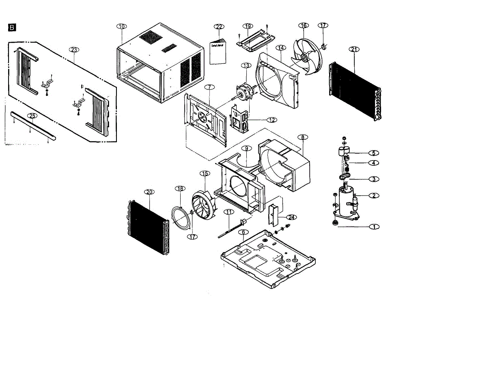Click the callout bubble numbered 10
[x=121, y=26]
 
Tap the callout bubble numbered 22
[x=219, y=26]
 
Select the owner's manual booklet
[x=218, y=51]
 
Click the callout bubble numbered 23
[x=73, y=50]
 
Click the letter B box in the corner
[x=12, y=28]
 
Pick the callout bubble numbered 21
[x=354, y=49]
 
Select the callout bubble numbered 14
[x=280, y=48]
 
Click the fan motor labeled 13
[x=245, y=90]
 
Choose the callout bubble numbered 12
[x=272, y=120]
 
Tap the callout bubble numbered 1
[x=374, y=226]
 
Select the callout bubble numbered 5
[x=374, y=153]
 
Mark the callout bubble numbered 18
[x=180, y=188]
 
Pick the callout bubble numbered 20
[x=149, y=192]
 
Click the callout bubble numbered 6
[x=243, y=232]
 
